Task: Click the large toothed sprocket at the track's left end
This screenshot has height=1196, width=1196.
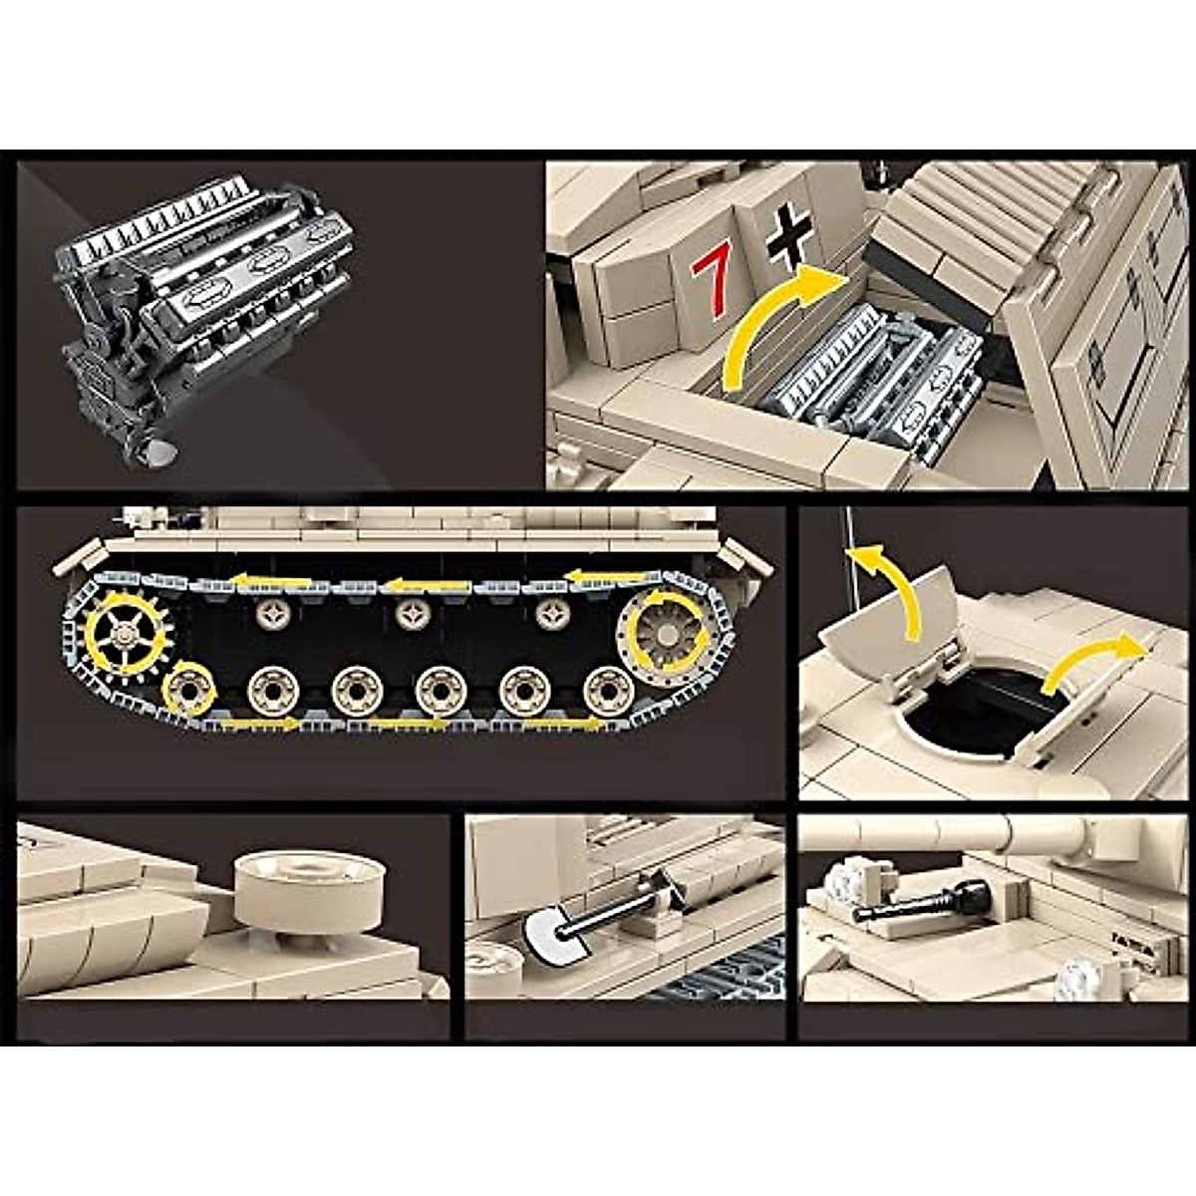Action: (x=127, y=630)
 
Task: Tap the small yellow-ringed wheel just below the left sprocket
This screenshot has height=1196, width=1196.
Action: (x=189, y=689)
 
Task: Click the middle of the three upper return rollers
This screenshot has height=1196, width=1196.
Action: (x=409, y=615)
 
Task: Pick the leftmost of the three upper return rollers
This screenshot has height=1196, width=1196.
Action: (x=269, y=614)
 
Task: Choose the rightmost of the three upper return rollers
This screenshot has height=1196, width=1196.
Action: (x=547, y=615)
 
